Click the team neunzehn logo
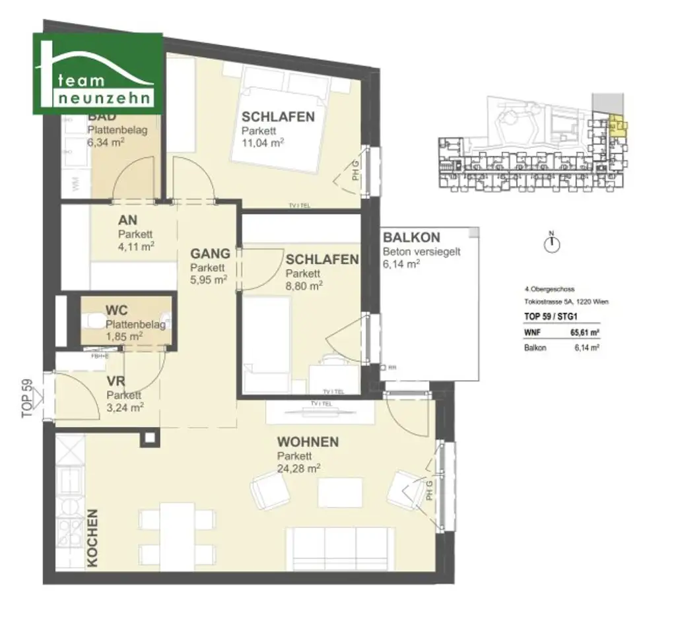tap(98, 73)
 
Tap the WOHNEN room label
tap(308, 442)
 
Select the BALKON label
tap(411, 238)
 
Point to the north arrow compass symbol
tap(553, 244)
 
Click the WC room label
tap(116, 310)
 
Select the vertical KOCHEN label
tap(92, 538)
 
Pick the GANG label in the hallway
tap(210, 253)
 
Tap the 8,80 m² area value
tap(304, 286)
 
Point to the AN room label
tap(127, 221)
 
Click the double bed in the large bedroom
tap(281, 119)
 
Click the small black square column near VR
tap(150, 438)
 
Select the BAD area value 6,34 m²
tap(107, 142)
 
